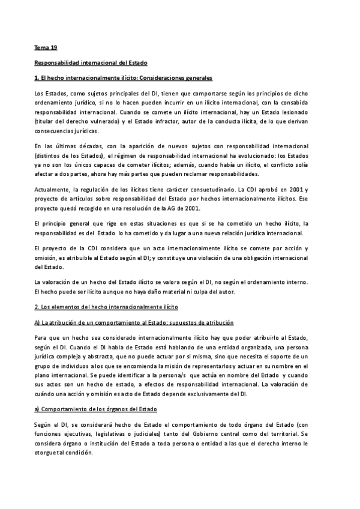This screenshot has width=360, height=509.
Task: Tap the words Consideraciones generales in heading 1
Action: coord(174,78)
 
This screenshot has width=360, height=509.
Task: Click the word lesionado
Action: coord(308,112)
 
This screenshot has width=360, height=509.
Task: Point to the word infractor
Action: coord(162,122)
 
